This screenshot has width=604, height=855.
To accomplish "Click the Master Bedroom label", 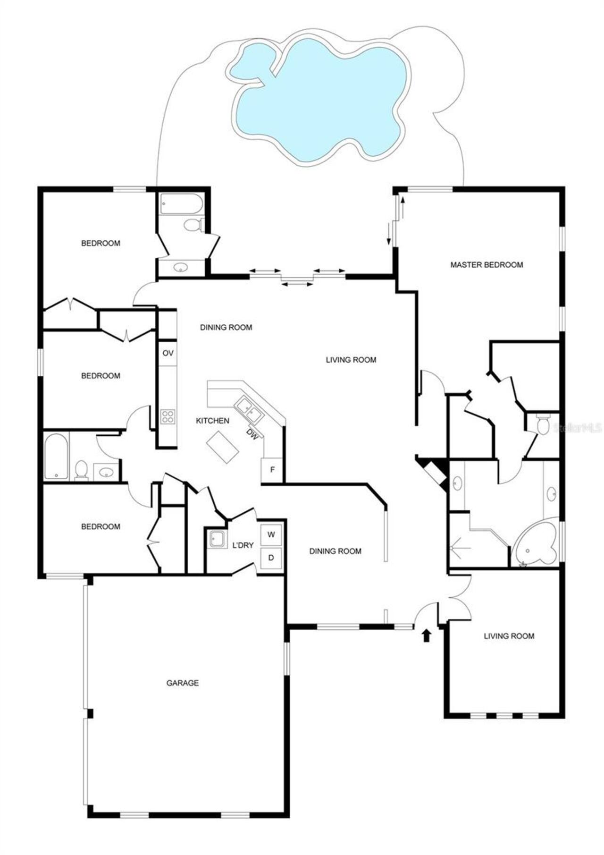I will pyautogui.click(x=487, y=265).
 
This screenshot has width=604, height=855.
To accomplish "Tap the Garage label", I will pyautogui.click(x=182, y=683).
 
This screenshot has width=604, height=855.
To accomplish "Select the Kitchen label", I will pyautogui.click(x=212, y=421).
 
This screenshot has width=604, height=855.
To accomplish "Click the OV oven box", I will pyautogui.click(x=168, y=353).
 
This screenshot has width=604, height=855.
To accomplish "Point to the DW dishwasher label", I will pyautogui.click(x=252, y=434).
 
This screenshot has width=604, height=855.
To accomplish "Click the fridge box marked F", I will pyautogui.click(x=272, y=470).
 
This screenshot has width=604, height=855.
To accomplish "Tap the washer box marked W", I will pyautogui.click(x=271, y=535).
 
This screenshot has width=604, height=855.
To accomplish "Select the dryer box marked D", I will pyautogui.click(x=271, y=558).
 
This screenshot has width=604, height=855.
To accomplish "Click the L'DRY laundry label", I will pyautogui.click(x=243, y=545).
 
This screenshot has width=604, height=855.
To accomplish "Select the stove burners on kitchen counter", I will pyautogui.click(x=167, y=416).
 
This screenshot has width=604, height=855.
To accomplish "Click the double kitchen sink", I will pyautogui.click(x=250, y=409).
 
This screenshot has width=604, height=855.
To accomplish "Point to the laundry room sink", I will pyautogui.click(x=217, y=539).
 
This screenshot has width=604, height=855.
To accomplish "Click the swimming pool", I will pyautogui.click(x=321, y=99).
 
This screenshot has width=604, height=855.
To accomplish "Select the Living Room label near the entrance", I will pyautogui.click(x=509, y=636).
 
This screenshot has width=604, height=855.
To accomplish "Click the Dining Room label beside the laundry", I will pyautogui.click(x=335, y=551).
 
